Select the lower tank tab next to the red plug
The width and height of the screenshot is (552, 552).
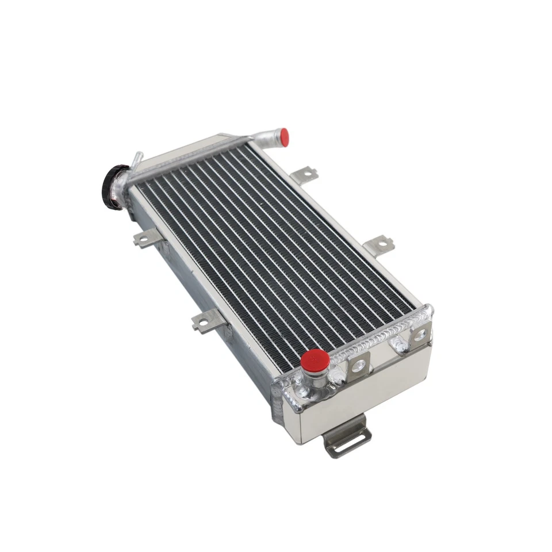pyautogui.click(x=357, y=365)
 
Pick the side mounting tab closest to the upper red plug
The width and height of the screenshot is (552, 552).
pyautogui.click(x=303, y=172)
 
